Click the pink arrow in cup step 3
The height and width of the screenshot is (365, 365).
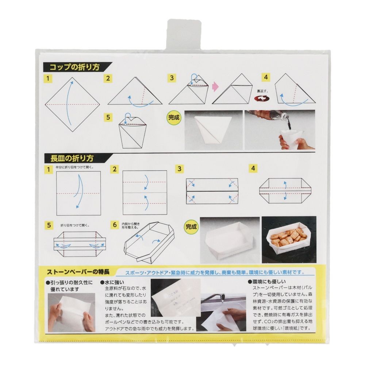point(215,87)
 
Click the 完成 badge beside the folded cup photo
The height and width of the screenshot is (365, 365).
point(174,118)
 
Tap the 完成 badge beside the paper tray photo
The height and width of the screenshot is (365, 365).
point(191,226)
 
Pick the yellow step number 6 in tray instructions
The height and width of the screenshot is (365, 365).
point(115,224)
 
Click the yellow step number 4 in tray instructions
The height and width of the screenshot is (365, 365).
point(253,168)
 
